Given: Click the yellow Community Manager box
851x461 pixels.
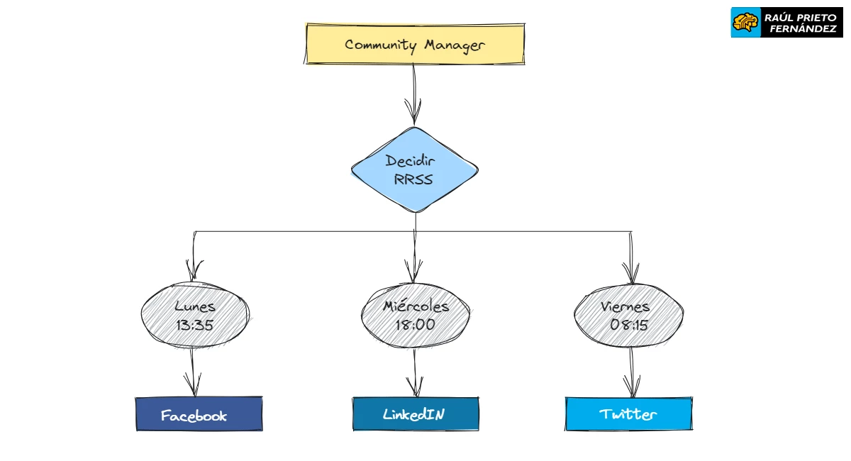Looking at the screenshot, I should tap(415, 44).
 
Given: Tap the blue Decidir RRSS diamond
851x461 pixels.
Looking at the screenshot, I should tap(415, 170).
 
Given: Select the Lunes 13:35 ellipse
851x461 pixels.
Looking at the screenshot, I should tap(195, 316).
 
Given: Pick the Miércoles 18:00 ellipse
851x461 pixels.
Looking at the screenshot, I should tap(416, 316).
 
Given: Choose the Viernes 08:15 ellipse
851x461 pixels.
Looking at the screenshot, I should tap(628, 316).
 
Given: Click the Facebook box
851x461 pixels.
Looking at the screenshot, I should tap(199, 414).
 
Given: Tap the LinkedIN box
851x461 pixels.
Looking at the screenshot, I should tap(416, 414).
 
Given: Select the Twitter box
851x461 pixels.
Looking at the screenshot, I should tap(628, 414).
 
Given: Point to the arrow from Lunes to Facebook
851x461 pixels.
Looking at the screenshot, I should tap(193, 372).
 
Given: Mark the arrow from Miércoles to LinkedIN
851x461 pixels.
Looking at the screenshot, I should tap(415, 372).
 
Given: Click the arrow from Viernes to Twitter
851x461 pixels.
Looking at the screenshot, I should tap(630, 372).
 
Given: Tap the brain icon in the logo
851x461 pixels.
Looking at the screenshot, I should tap(745, 23).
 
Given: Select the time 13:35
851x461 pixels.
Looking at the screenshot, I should tap(195, 326).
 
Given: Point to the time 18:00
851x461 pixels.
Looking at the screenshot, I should tap(416, 325).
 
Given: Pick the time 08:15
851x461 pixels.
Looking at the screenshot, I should tap(630, 325).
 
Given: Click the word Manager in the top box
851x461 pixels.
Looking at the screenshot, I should tap(455, 45).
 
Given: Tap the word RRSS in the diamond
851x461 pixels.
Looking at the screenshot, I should tap(413, 179).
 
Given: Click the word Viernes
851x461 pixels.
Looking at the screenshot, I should tap(625, 306).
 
